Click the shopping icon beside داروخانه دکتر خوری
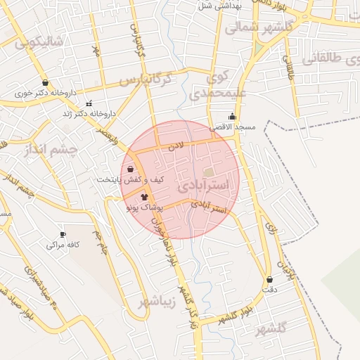click(45, 82)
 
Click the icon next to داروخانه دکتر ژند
click(89, 103)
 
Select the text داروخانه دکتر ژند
click(88, 113)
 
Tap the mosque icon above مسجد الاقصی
click(232, 117)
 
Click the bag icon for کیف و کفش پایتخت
click(131, 169)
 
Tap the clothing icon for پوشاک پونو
click(144, 198)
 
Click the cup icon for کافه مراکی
click(63, 234)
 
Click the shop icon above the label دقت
click(269, 279)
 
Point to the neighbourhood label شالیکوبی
click(39, 41)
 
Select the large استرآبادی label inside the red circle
click(203, 186)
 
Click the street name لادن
click(175, 146)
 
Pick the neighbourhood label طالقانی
click(330, 59)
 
